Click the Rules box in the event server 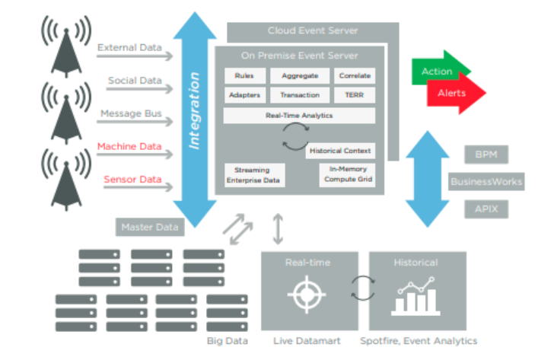pos(245,76)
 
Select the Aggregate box pos(300,76)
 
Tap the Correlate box pos(355,76)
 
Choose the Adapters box pos(245,95)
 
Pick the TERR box pos(355,95)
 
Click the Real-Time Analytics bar pos(299,116)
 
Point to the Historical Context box pos(340,151)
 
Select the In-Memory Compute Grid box pos(347,175)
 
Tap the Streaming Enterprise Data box pos(255,175)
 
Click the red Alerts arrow pos(457,93)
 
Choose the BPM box pos(486,155)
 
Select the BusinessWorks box pos(486,182)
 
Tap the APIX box pos(486,209)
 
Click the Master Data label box pos(150,227)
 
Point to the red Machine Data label pos(129,147)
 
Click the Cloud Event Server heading pos(313,30)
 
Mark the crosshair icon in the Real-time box pos(307,295)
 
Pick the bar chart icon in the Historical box pos(415,297)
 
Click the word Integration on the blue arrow pos(194,111)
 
